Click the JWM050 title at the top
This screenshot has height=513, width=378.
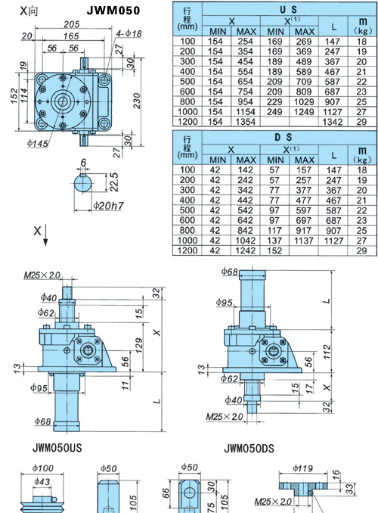pyautogui.click(x=113, y=11)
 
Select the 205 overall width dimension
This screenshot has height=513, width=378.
pyautogui.click(x=72, y=24)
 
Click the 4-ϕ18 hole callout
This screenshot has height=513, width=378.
pyautogui.click(x=129, y=33)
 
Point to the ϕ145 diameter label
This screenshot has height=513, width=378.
pyautogui.click(x=38, y=143)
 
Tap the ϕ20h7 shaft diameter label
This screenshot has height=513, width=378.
pyautogui.click(x=109, y=206)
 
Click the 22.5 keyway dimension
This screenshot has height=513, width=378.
pyautogui.click(x=114, y=182)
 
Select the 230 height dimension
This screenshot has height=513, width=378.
pyautogui.click(x=137, y=101)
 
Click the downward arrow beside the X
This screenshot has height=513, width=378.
pyautogui.click(x=45, y=235)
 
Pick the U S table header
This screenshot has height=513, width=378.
pyautogui.click(x=288, y=9)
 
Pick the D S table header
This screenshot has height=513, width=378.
pyautogui.click(x=283, y=138)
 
